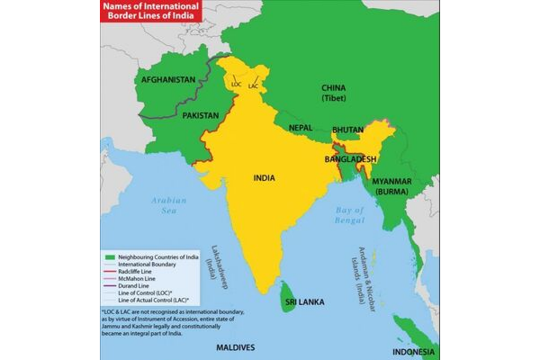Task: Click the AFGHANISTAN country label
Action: (x=166, y=80)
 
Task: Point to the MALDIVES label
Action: (x=234, y=347)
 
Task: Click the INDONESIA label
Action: (x=415, y=352)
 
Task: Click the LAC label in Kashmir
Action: (x=253, y=85)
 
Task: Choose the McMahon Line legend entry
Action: (x=136, y=277)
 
